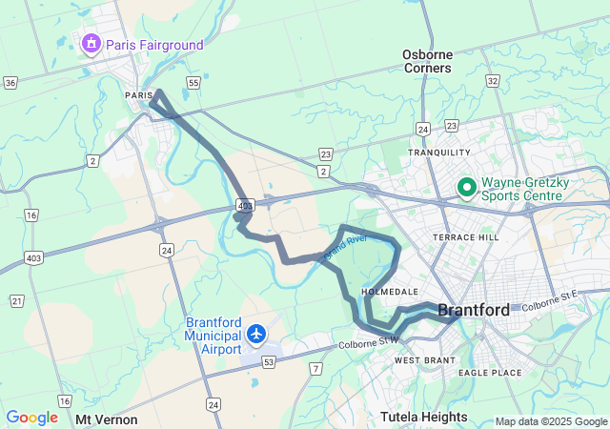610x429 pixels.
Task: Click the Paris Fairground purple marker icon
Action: (x=91, y=43)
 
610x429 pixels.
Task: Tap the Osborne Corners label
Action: (x=426, y=61)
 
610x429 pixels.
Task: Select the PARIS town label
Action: (x=138, y=95)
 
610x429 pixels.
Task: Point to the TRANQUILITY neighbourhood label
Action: (x=439, y=153)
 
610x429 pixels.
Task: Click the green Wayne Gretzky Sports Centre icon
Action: (x=467, y=187)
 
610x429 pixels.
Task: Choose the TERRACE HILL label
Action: (x=465, y=236)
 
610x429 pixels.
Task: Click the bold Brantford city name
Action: (x=474, y=309)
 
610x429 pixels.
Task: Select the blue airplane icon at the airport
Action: (x=256, y=334)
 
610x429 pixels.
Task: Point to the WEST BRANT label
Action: (x=421, y=360)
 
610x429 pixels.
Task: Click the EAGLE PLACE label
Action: (x=490, y=373)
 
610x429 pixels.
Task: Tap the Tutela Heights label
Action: (x=423, y=417)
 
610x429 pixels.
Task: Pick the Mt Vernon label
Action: (x=107, y=419)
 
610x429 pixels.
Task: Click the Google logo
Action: (x=31, y=418)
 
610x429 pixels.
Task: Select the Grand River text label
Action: (x=345, y=247)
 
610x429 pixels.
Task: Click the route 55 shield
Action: (x=193, y=84)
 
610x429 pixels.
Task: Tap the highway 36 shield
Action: (x=10, y=83)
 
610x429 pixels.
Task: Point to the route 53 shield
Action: (x=269, y=362)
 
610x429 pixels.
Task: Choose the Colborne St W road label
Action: (x=367, y=341)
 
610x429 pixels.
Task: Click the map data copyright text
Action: (x=550, y=421)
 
